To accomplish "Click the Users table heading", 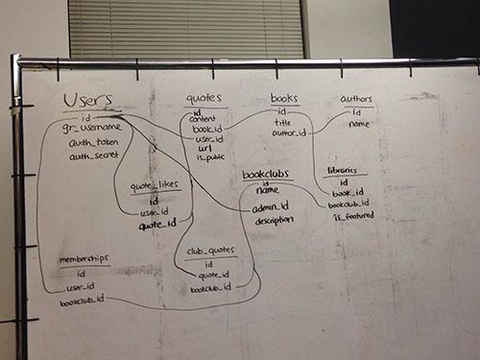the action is [87, 100].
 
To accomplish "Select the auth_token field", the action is [93, 142].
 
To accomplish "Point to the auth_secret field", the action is [93, 156].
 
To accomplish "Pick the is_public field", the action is [209, 157].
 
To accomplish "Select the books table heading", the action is [284, 98].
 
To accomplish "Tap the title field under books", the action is [282, 123].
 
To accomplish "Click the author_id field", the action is [289, 133].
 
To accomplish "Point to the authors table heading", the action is [357, 99].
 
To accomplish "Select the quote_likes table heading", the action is [154, 187].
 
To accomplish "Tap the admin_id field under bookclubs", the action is [270, 206].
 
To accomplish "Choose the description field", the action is [275, 221].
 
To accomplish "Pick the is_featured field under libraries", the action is [353, 216].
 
